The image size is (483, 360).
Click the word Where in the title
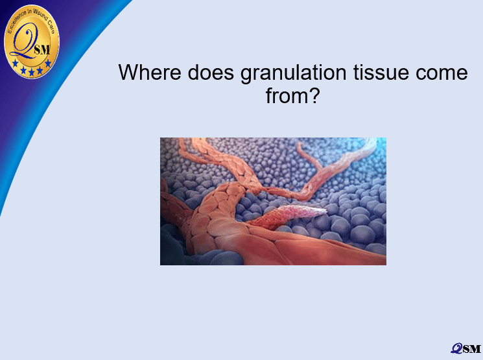(x=150, y=72)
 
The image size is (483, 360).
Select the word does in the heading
(x=211, y=72)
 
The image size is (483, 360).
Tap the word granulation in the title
(x=294, y=74)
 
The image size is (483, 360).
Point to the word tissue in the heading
(x=381, y=72)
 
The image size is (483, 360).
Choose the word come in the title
(x=442, y=74)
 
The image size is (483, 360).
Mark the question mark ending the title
(x=314, y=95)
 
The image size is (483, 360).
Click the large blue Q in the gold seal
(x=24, y=42)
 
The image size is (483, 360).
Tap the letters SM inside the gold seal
(x=42, y=50)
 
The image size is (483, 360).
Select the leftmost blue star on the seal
(x=15, y=63)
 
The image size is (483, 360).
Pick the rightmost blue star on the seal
(x=48, y=63)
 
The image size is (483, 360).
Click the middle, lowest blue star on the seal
(x=31, y=72)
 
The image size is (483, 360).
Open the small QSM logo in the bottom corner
(x=465, y=348)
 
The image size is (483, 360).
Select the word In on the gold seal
(x=30, y=12)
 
